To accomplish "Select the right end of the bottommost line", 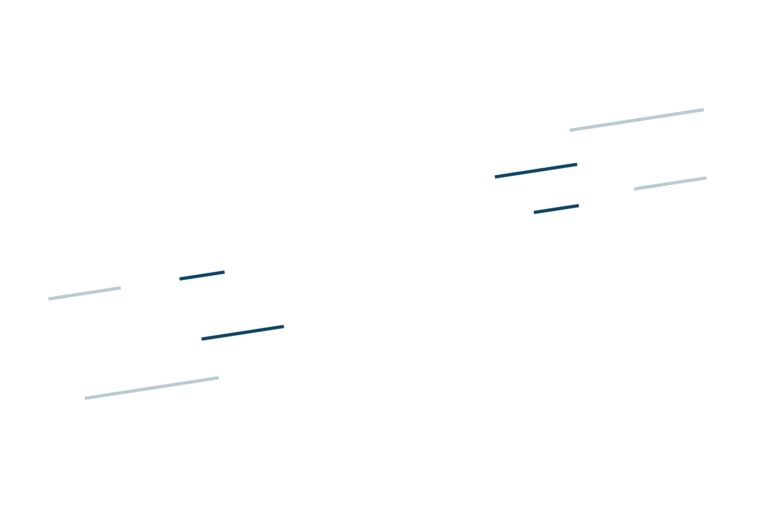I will pos(219,378).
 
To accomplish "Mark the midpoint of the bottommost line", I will pos(152,388).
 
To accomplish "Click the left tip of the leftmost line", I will pos(49,299).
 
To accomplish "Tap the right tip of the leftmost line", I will pos(121,288).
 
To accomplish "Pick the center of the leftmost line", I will pos(84,293).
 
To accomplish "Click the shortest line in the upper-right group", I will pos(556,209).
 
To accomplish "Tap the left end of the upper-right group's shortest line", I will pos(534,213).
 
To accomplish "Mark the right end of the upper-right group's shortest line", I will pos(579,205).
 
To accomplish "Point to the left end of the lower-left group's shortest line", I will pos(180,279).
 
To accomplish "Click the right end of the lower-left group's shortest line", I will pos(225,272).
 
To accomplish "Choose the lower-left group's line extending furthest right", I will pos(243,333).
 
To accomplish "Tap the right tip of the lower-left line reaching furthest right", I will pos(284,327).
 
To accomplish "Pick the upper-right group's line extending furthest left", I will pos(536,171).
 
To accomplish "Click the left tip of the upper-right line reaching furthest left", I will pos(495,177).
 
